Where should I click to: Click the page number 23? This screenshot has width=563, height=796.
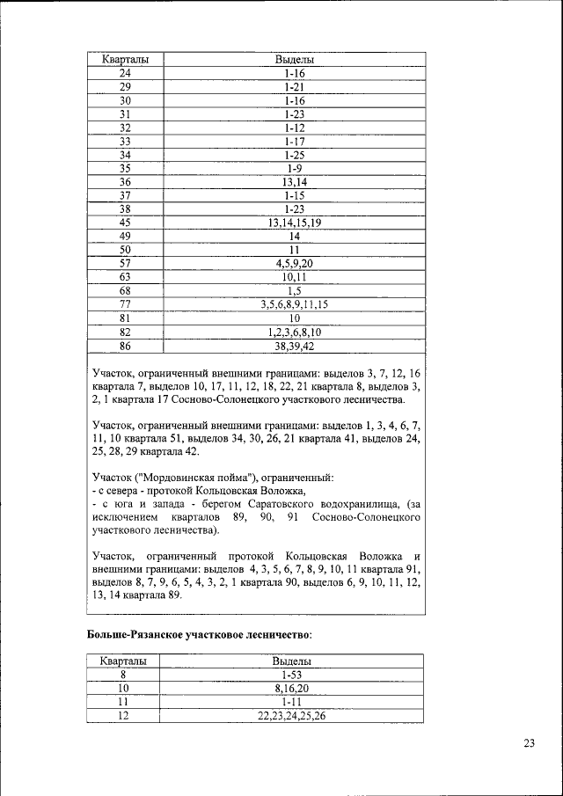tap(529, 744)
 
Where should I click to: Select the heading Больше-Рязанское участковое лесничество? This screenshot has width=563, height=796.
tap(200, 633)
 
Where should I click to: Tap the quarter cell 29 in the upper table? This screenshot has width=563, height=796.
tap(125, 87)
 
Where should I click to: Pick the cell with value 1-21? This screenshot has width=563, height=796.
tap(294, 87)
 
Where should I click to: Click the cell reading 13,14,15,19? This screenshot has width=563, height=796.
tap(294, 223)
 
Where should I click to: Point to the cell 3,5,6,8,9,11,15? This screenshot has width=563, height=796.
tap(294, 304)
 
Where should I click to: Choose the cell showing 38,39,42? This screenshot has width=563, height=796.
tap(294, 346)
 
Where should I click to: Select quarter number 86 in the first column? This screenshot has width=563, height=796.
tap(125, 346)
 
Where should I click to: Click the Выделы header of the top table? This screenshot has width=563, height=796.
tap(294, 60)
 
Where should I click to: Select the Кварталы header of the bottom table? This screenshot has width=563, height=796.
tap(122, 661)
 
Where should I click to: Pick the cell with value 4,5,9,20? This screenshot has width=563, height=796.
tap(294, 263)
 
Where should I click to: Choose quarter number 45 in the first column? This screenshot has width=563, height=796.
tap(125, 223)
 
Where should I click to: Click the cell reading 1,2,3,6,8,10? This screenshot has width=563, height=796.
tap(294, 332)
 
